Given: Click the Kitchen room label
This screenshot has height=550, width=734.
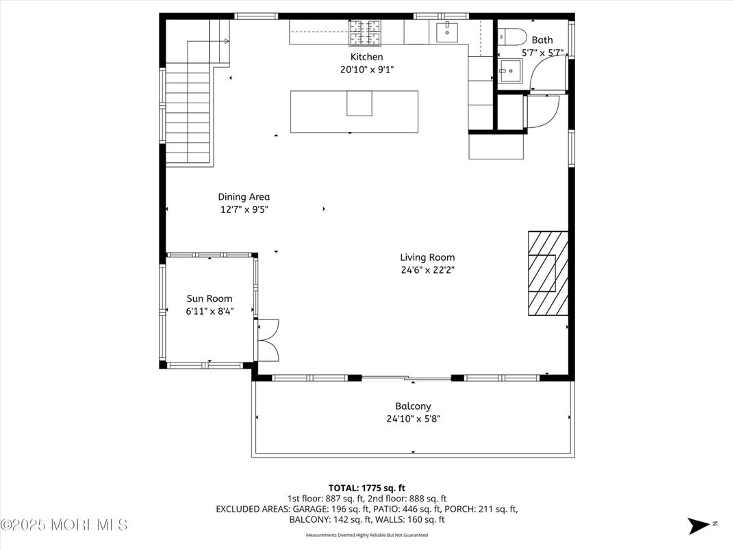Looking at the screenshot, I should (366, 57).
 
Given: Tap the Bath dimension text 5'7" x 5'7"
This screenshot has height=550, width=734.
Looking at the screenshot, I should (542, 52).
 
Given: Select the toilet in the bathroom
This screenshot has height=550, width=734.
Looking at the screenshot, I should (511, 36).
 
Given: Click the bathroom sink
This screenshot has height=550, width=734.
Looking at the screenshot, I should (509, 68).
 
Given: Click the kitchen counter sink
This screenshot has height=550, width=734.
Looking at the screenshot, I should (446, 30).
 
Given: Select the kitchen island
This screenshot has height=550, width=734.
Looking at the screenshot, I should (354, 112).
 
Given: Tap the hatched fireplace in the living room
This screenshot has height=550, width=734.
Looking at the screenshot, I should (548, 273).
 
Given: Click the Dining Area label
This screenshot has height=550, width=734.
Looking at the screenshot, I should (244, 197).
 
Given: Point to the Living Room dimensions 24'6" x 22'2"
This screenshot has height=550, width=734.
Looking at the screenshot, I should (427, 270).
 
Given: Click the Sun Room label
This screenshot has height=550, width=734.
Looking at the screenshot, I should (210, 298).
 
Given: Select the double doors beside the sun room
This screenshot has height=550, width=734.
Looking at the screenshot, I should (268, 340).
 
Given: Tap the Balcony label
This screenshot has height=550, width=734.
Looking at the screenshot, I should (413, 406).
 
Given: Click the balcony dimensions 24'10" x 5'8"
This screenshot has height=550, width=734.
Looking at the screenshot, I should (413, 419).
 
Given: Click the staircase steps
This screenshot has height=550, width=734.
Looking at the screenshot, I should (187, 113).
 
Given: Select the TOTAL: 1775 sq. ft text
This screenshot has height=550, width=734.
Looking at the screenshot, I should (367, 488).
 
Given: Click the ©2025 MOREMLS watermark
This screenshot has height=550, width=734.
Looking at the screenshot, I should (64, 525).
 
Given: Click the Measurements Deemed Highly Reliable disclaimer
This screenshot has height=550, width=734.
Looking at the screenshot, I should (366, 535).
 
